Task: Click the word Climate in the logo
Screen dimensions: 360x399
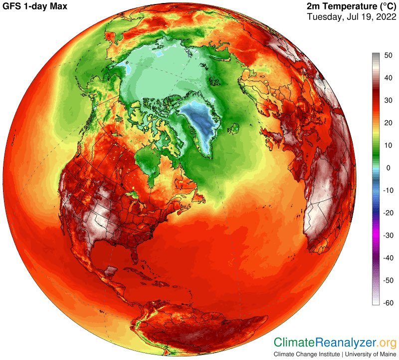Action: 294,342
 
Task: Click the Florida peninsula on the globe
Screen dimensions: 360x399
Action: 134,255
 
